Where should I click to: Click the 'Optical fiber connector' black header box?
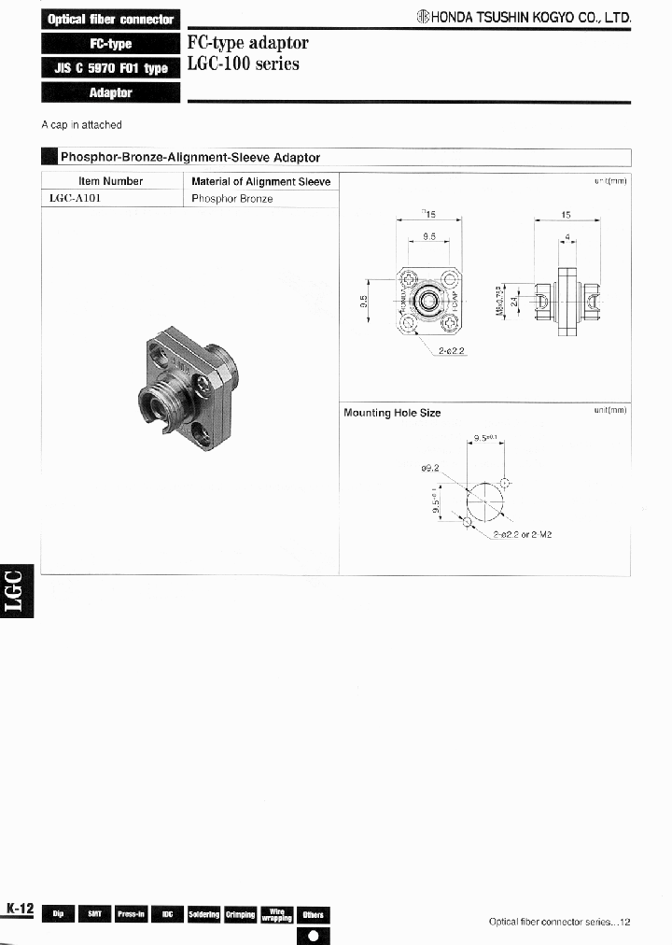coord(110,19)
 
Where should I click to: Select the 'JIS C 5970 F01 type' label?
coord(110,68)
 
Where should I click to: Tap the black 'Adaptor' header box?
coord(110,92)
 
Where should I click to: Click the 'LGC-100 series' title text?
coord(244,64)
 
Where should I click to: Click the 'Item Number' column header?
coord(110,181)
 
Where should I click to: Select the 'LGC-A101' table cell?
coord(74,198)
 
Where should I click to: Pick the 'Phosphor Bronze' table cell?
coord(232,198)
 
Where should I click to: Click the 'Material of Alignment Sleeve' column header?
coord(260,181)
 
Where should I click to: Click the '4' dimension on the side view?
coord(567,238)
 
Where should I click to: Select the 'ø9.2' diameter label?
coord(429,469)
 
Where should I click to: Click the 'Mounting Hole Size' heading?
coord(392,413)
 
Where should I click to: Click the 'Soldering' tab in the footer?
coord(203,914)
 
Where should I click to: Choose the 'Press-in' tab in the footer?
coord(131,914)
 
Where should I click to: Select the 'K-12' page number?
coord(20,909)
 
